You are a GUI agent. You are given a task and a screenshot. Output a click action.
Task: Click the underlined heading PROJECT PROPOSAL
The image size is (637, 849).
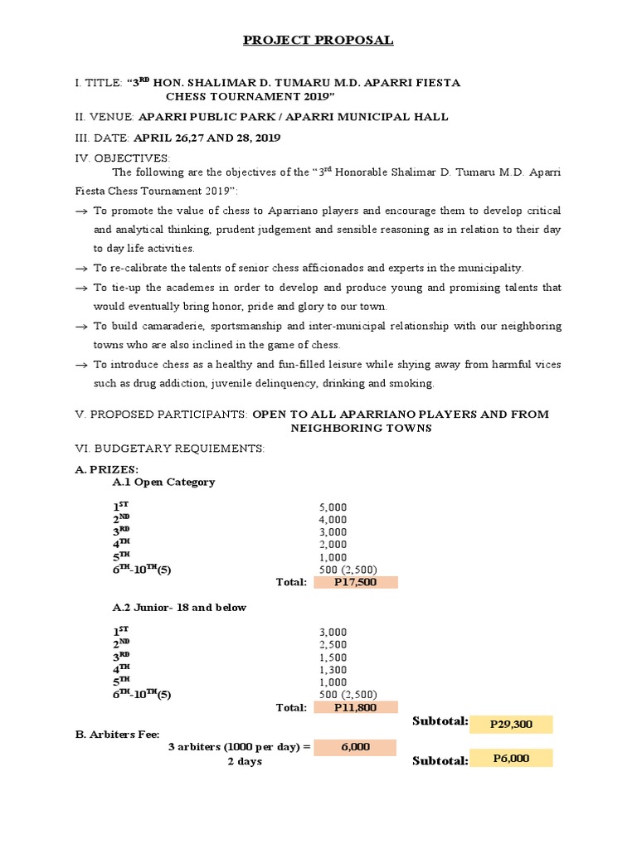[318, 40]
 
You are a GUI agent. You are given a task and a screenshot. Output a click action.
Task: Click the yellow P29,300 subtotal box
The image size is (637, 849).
[510, 724]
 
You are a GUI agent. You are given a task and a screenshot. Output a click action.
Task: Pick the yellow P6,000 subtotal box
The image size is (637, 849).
[510, 758]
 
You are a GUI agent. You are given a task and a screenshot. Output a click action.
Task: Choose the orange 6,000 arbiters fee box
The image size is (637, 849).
[355, 747]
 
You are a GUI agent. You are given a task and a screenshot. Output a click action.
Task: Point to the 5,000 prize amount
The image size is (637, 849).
[333, 507]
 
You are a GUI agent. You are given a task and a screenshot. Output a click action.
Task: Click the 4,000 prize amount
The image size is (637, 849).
[333, 520]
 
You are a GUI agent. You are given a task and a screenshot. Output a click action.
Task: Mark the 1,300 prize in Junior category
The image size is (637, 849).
[333, 670]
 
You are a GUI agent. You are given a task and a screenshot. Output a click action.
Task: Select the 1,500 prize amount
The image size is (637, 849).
[333, 657]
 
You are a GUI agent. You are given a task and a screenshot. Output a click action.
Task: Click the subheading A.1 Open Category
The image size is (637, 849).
[163, 482]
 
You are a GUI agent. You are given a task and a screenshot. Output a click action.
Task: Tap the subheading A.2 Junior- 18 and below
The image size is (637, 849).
[179, 607]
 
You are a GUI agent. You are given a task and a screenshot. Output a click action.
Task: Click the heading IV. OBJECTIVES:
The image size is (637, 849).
[122, 158]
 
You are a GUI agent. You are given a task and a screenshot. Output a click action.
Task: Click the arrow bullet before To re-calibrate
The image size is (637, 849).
[80, 269]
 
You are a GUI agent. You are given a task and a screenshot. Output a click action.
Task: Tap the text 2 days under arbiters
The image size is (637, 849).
[245, 761]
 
